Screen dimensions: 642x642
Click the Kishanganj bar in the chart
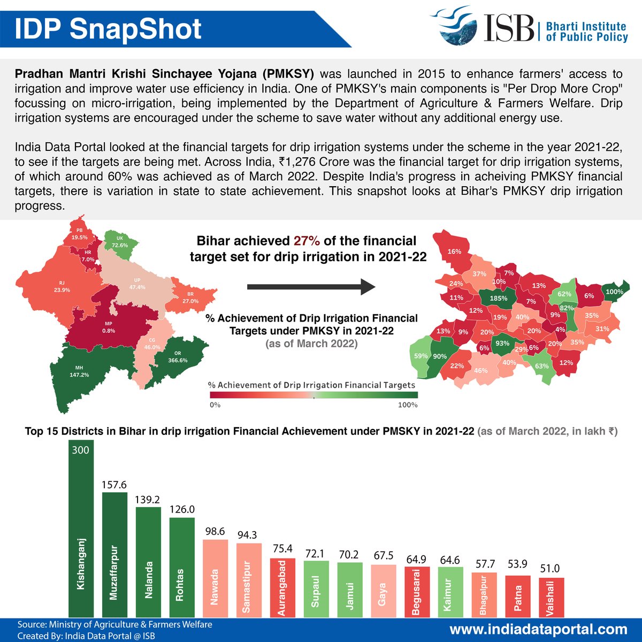(81, 530)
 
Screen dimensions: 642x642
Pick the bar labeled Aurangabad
(282, 587)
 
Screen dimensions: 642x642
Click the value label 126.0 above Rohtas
(182, 509)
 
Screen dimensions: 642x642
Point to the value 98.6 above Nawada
(215, 531)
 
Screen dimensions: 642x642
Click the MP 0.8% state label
(109, 327)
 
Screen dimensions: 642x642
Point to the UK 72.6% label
(119, 242)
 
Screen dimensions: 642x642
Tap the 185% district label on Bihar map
(498, 299)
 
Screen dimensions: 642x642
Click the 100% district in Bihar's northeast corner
(614, 292)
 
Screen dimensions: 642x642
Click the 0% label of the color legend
(215, 405)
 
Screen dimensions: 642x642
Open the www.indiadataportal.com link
(538, 629)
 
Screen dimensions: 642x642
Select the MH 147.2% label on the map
(79, 371)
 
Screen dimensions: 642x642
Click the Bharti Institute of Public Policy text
(586, 32)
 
